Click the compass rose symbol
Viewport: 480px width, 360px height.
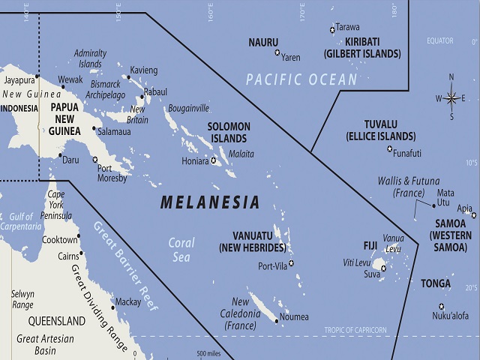(x=451, y=97)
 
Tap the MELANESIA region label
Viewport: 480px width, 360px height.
(x=211, y=202)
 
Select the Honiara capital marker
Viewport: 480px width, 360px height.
(x=214, y=160)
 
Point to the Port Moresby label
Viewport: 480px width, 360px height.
(x=112, y=173)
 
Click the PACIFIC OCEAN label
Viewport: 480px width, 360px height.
(x=302, y=79)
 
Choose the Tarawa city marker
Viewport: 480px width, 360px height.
(x=332, y=30)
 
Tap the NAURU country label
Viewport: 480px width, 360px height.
(x=263, y=43)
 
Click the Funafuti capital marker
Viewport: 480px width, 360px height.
(x=389, y=148)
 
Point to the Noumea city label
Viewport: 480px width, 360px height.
(x=294, y=317)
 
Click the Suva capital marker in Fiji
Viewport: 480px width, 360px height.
(x=383, y=268)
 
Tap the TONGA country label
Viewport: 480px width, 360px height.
(x=436, y=283)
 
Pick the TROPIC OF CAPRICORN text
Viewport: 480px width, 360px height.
(x=355, y=330)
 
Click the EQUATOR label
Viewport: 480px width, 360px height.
(x=440, y=41)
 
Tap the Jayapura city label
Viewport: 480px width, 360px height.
(x=19, y=79)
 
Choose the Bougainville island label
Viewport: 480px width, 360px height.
(x=187, y=108)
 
